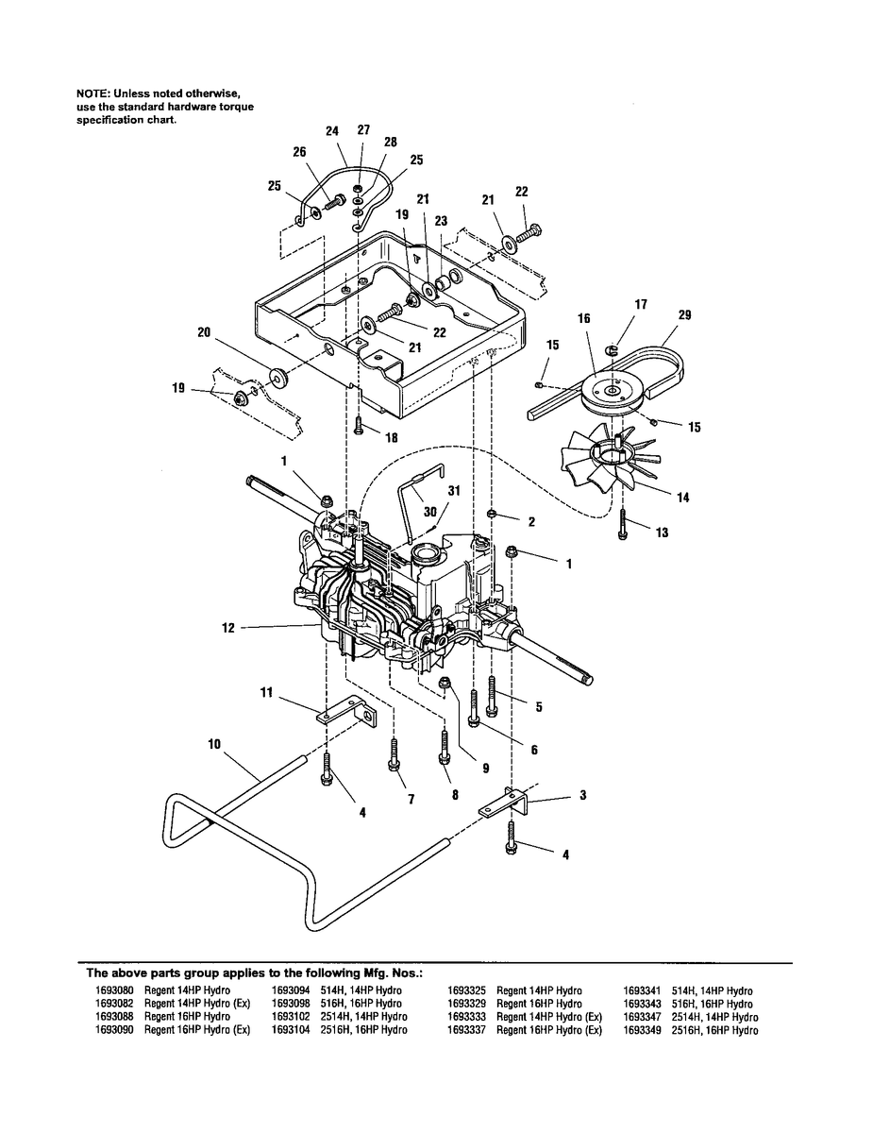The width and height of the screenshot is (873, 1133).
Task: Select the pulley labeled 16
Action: tap(611, 389)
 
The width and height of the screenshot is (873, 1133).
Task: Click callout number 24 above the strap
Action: tap(332, 132)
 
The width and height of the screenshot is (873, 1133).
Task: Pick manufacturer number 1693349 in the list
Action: tap(641, 1030)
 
